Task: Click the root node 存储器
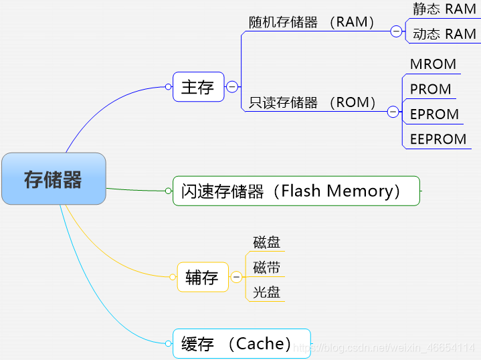tap(54, 179)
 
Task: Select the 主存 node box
tap(198, 87)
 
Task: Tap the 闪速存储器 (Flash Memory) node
tap(296, 191)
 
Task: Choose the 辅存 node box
tap(203, 277)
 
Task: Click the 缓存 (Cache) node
tap(242, 344)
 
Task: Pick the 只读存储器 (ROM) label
tap(313, 102)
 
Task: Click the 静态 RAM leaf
tap(444, 9)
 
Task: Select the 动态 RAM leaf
tap(444, 33)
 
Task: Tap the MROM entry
tap(433, 64)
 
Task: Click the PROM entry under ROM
tap(430, 89)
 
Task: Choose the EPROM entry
tap(434, 114)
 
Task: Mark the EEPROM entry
tap(438, 139)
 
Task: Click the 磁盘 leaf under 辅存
tap(266, 242)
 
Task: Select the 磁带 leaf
tap(266, 268)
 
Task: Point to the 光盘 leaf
tap(266, 292)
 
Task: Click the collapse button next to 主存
tap(232, 87)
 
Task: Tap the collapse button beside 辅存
tap(236, 277)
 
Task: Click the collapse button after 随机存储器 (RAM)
tap(396, 31)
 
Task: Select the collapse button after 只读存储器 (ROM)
tap(393, 112)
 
